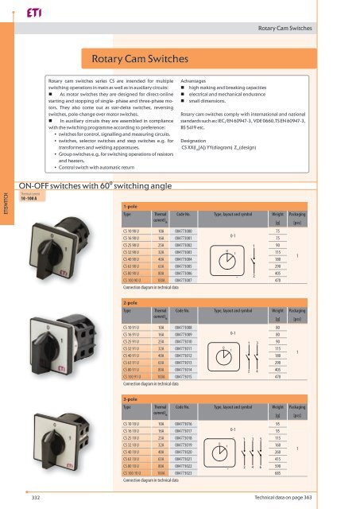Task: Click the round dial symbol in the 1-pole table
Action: tap(230, 239)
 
